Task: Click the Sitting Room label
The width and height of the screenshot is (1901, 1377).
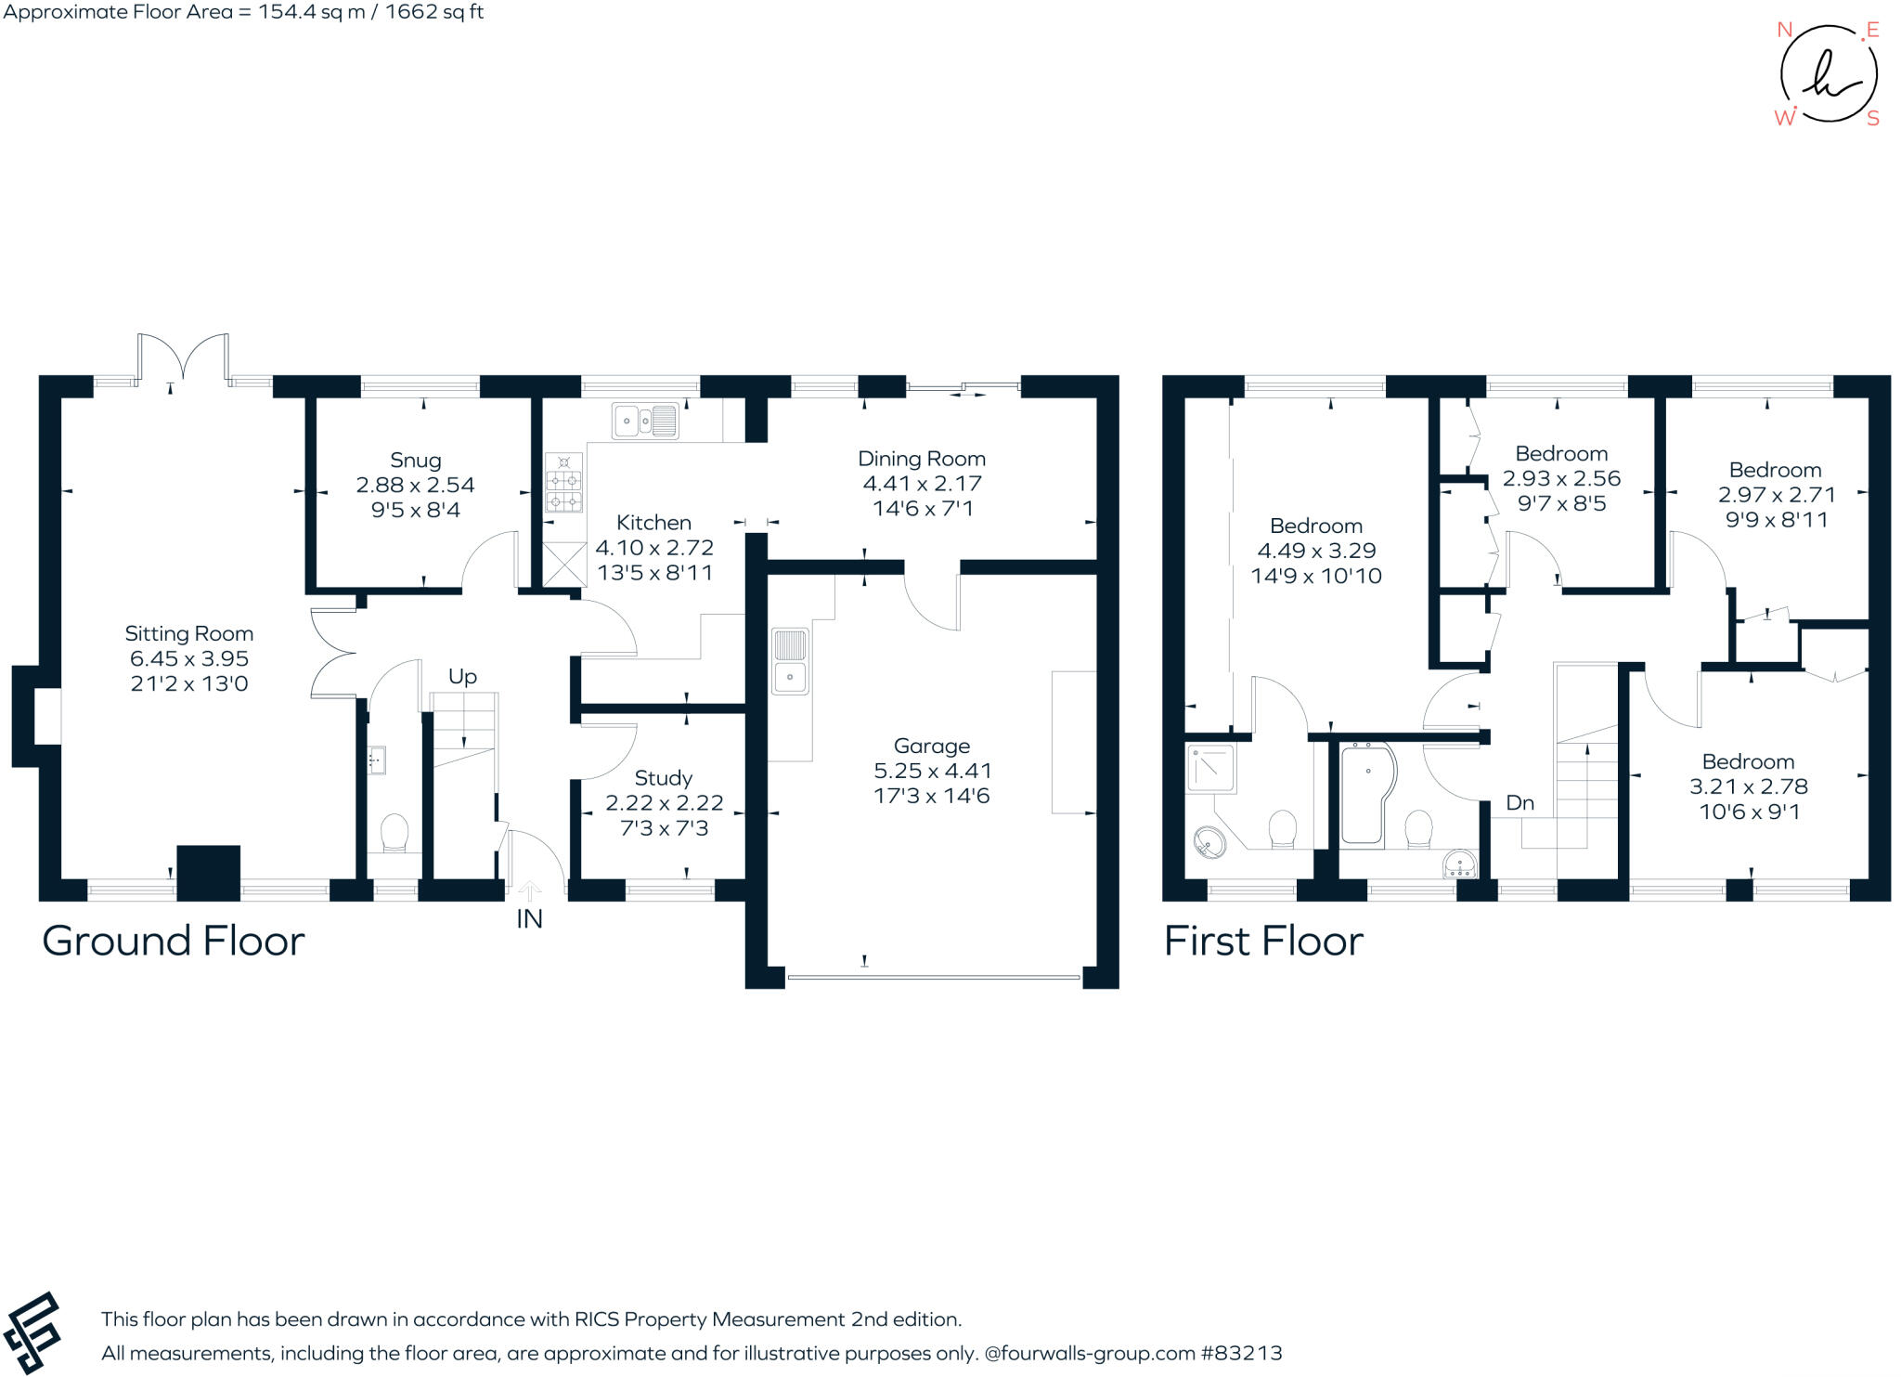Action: pyautogui.click(x=189, y=634)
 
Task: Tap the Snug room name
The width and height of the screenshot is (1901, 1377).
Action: pyautogui.click(x=415, y=461)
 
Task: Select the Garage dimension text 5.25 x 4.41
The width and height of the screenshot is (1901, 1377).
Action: pyautogui.click(x=932, y=771)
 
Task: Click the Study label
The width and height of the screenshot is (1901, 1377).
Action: pyautogui.click(x=663, y=778)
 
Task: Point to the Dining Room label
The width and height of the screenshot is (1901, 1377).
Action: pyautogui.click(x=921, y=459)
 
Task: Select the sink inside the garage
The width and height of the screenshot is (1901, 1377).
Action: pyautogui.click(x=790, y=661)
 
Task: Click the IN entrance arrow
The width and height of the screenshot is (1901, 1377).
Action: pyautogui.click(x=529, y=892)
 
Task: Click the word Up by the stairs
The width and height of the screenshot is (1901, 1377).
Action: pyautogui.click(x=462, y=677)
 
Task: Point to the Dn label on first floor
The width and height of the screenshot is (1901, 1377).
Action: pyautogui.click(x=1520, y=803)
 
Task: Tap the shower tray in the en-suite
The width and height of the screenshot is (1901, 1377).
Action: pyautogui.click(x=1210, y=768)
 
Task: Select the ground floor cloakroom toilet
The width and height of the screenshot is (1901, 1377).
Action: pyautogui.click(x=394, y=832)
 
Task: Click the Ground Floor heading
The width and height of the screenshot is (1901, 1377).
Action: pyautogui.click(x=174, y=942)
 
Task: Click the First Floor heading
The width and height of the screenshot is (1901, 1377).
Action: pyautogui.click(x=1263, y=942)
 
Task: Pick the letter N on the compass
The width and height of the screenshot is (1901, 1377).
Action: pyautogui.click(x=1783, y=30)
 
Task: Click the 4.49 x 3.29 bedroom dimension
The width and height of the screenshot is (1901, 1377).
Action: pyautogui.click(x=1316, y=551)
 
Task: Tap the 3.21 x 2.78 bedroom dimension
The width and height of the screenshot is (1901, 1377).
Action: pyautogui.click(x=1748, y=786)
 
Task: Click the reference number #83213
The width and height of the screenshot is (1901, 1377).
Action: pyautogui.click(x=1241, y=1353)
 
